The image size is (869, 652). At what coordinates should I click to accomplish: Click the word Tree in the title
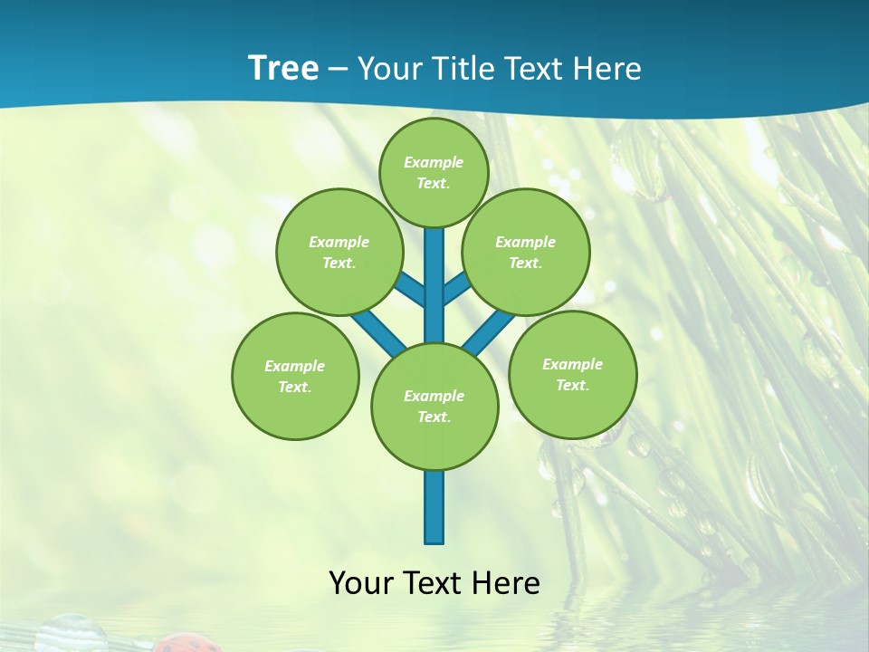282,68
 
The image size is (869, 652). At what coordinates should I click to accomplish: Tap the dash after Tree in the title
338,70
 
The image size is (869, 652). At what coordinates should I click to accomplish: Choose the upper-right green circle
526,252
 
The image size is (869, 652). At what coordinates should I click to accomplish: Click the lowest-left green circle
295,376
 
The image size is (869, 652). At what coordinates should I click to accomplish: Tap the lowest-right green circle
572,374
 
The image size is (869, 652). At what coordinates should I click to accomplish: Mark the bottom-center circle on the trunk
434,406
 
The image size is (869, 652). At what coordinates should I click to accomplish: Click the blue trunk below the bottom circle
434,507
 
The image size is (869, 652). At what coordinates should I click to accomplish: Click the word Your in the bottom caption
359,583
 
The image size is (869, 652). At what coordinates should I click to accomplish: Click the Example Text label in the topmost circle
434,172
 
